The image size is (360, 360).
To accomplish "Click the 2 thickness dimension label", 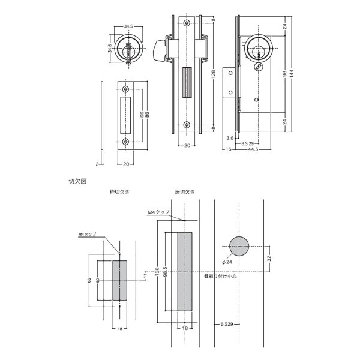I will pyautogui.click(x=96, y=163).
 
